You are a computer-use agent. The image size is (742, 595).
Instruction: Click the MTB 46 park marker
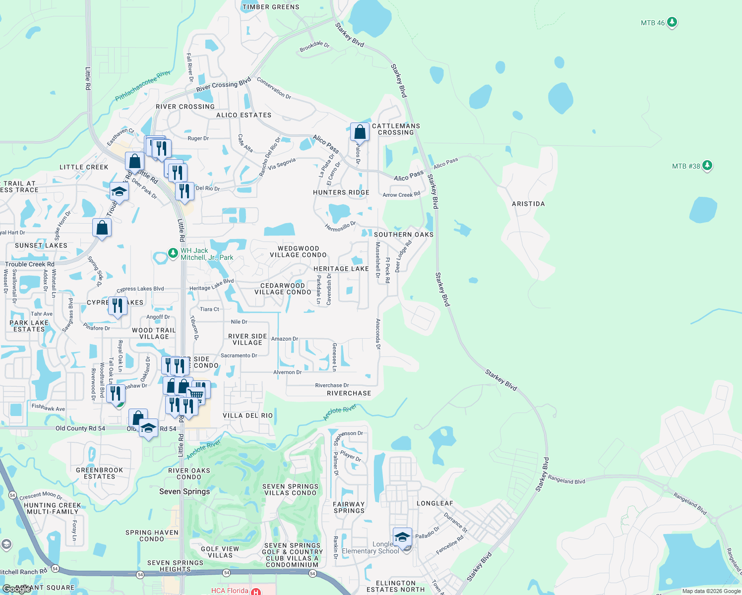point(672,22)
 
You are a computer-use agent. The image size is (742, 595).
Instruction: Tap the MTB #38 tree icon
point(707,166)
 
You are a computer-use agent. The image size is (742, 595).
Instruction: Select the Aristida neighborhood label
point(528,204)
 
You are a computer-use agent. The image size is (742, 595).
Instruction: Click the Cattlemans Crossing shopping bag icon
point(360,132)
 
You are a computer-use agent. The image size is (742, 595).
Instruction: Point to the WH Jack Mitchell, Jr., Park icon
point(173,253)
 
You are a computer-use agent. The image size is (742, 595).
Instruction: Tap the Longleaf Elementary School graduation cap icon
point(402,537)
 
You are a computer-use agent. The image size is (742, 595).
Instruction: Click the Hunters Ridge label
point(341,192)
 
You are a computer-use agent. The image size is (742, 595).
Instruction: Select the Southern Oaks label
point(404,235)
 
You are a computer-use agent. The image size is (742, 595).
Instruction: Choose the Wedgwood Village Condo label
point(298,251)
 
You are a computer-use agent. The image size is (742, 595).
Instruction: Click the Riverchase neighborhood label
point(349,393)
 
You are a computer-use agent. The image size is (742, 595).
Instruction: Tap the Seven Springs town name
point(185,491)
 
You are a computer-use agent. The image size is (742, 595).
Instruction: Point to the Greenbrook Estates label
point(100,473)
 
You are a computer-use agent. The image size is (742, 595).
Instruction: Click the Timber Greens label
point(271,7)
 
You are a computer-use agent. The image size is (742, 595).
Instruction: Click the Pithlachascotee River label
point(143,86)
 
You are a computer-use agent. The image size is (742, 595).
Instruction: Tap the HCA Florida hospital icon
point(256,592)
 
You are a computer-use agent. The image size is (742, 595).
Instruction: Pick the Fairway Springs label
point(349,507)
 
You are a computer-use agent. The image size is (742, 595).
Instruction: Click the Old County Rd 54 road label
point(80,428)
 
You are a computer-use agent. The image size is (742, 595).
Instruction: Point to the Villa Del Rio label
point(247,416)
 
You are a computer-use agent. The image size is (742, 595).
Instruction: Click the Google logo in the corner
point(16,590)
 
